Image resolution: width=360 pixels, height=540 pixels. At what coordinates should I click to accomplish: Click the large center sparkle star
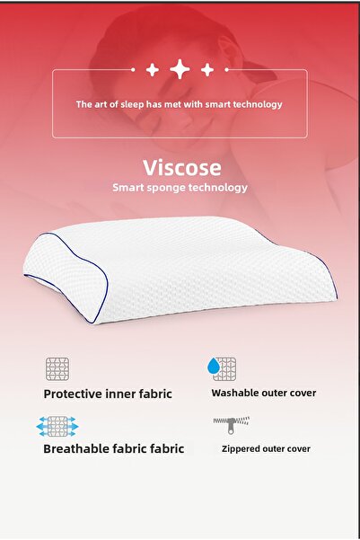(x=180, y=69)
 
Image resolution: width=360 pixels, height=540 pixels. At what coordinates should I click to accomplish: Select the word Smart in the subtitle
(x=127, y=189)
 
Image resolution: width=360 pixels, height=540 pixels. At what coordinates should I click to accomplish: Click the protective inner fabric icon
(x=57, y=368)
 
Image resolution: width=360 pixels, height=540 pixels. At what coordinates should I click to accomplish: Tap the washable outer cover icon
(x=223, y=368)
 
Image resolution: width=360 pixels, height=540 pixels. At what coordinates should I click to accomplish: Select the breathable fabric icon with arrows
(x=57, y=425)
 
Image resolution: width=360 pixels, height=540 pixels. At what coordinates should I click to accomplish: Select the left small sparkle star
(x=153, y=69)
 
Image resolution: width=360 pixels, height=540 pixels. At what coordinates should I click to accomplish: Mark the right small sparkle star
(x=207, y=69)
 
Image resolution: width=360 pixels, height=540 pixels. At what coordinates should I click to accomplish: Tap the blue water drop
(x=213, y=366)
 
